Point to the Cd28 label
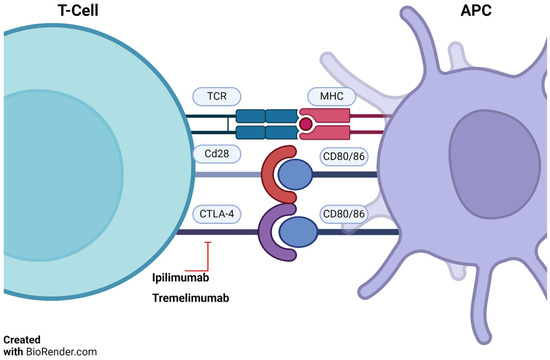pos(214,154)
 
